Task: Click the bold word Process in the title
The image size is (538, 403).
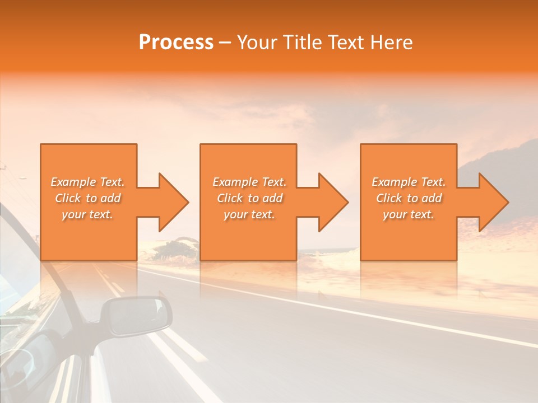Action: click(x=176, y=42)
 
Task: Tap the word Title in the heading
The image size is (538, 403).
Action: click(x=301, y=42)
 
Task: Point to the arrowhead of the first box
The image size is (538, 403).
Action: click(x=171, y=202)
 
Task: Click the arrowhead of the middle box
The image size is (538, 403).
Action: click(x=331, y=202)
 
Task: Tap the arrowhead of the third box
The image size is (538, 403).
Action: click(x=491, y=202)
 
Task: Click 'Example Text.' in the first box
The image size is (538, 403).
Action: click(x=87, y=182)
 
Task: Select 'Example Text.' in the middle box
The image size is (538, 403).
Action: click(x=249, y=182)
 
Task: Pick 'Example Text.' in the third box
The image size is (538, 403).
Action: click(x=409, y=182)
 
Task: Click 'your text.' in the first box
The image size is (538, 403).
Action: click(x=87, y=214)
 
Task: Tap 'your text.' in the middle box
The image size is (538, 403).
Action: click(x=249, y=214)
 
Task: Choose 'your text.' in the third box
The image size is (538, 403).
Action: click(x=409, y=214)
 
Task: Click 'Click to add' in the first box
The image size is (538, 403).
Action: click(x=87, y=198)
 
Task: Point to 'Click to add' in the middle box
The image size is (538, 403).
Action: click(x=249, y=198)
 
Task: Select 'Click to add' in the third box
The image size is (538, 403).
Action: click(x=409, y=198)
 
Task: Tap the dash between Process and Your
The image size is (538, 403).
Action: click(x=225, y=43)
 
